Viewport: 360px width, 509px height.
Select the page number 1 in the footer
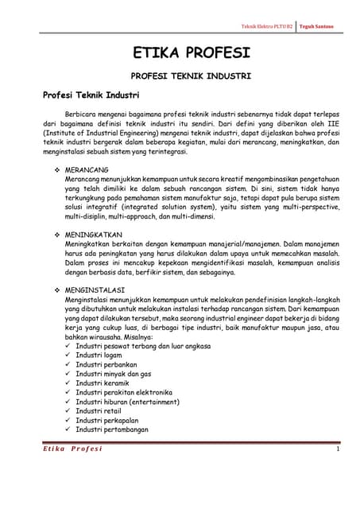pos(338,451)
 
